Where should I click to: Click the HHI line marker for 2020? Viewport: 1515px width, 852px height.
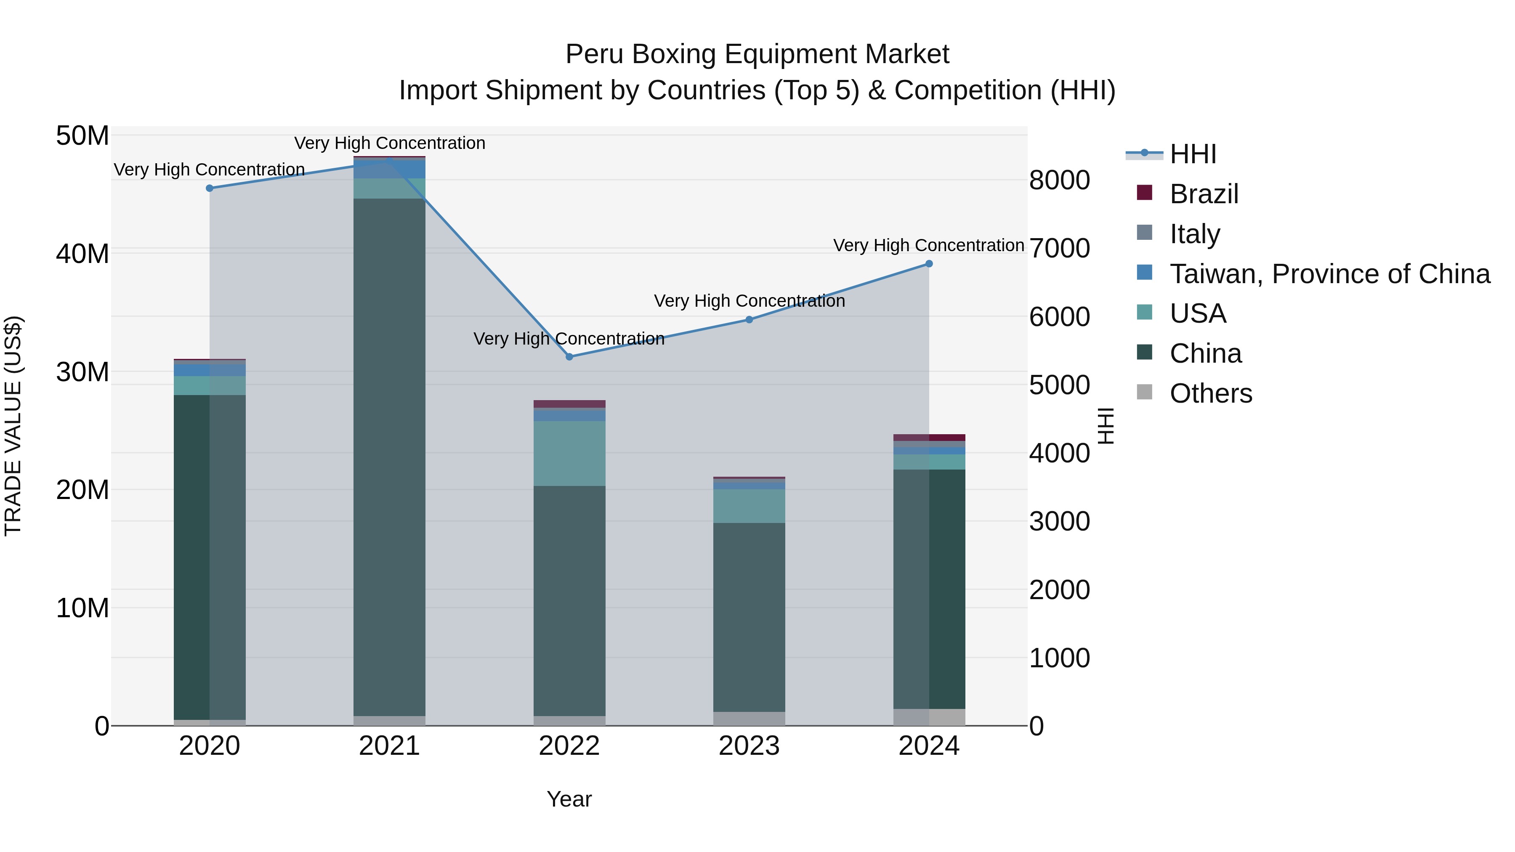pyautogui.click(x=210, y=188)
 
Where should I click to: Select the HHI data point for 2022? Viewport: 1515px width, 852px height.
pyautogui.click(x=569, y=357)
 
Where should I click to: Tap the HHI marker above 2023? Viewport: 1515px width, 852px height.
pyautogui.click(x=749, y=320)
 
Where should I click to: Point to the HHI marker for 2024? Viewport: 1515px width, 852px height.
pyautogui.click(x=929, y=264)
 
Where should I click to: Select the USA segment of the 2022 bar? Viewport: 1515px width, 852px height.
pyautogui.click(x=569, y=453)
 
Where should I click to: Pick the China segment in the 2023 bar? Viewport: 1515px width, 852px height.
pyautogui.click(x=749, y=617)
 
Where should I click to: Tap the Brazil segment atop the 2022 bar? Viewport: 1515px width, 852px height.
pyautogui.click(x=569, y=404)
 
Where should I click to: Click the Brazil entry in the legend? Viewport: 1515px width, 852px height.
pyautogui.click(x=1203, y=194)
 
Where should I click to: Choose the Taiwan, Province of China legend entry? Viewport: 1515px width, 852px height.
pyautogui.click(x=1329, y=274)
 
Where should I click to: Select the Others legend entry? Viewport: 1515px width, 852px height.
pyautogui.click(x=1210, y=393)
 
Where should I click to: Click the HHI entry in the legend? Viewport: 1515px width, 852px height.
pyautogui.click(x=1193, y=154)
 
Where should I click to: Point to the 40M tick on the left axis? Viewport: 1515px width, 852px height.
pyautogui.click(x=82, y=254)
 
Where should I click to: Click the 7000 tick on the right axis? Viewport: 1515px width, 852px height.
pyautogui.click(x=1059, y=248)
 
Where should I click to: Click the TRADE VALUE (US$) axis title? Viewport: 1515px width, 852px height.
pyautogui.click(x=13, y=426)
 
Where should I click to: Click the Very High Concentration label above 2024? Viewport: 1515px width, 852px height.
pyautogui.click(x=929, y=245)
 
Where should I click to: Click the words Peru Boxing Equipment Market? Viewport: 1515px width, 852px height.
pyautogui.click(x=757, y=54)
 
